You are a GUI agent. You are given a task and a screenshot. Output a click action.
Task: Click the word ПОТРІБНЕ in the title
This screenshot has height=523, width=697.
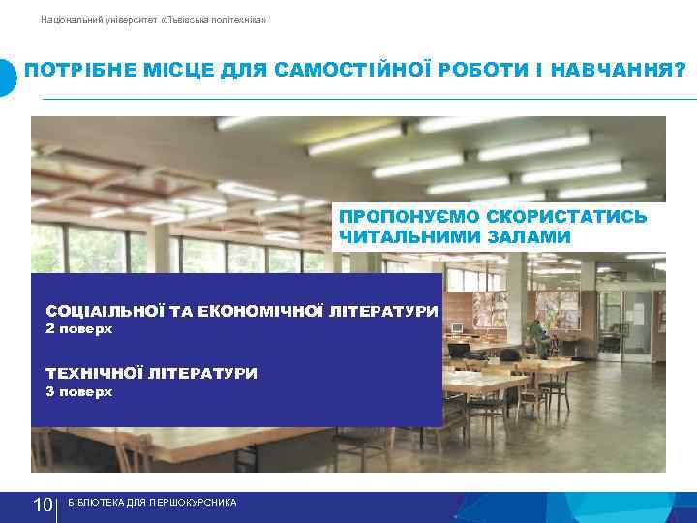tap(73, 72)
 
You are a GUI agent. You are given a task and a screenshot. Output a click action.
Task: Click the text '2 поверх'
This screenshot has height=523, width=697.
tap(79, 329)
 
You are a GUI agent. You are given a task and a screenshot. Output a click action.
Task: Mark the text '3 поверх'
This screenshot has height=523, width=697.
tap(79, 392)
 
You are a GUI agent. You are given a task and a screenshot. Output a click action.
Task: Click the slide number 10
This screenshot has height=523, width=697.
tap(43, 506)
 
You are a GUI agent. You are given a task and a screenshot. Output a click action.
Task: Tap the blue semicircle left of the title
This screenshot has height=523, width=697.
tap(8, 77)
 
